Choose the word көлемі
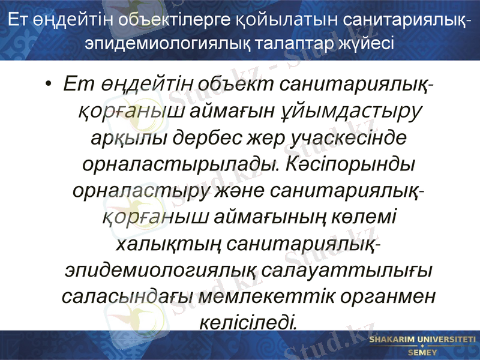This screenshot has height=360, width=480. pos(367,217)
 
